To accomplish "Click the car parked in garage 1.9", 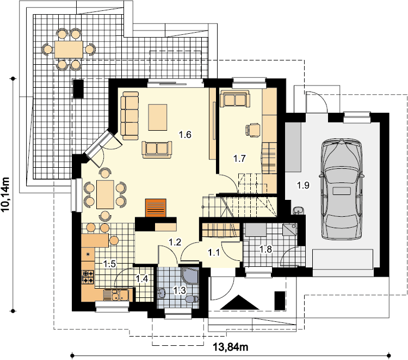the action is point(342,190).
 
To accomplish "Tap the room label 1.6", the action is point(185,135).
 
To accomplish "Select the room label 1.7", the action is point(239,158).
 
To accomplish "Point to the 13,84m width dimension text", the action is point(231,347).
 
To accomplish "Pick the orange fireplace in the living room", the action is point(156,208).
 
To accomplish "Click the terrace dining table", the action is point(69,49).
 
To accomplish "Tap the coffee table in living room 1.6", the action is point(158,117).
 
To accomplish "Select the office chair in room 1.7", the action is point(252,130).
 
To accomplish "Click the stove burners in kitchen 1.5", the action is point(88,277).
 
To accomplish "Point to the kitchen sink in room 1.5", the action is point(116,295).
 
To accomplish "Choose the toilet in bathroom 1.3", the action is point(193,299).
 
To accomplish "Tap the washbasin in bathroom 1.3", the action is point(162,293).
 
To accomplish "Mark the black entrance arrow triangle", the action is point(240,302).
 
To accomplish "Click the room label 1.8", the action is point(265,249).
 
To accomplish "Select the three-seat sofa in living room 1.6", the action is point(130,115).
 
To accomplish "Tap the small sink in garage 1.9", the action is point(299,210).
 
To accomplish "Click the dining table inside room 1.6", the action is point(105,194).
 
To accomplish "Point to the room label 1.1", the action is point(214,252).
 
